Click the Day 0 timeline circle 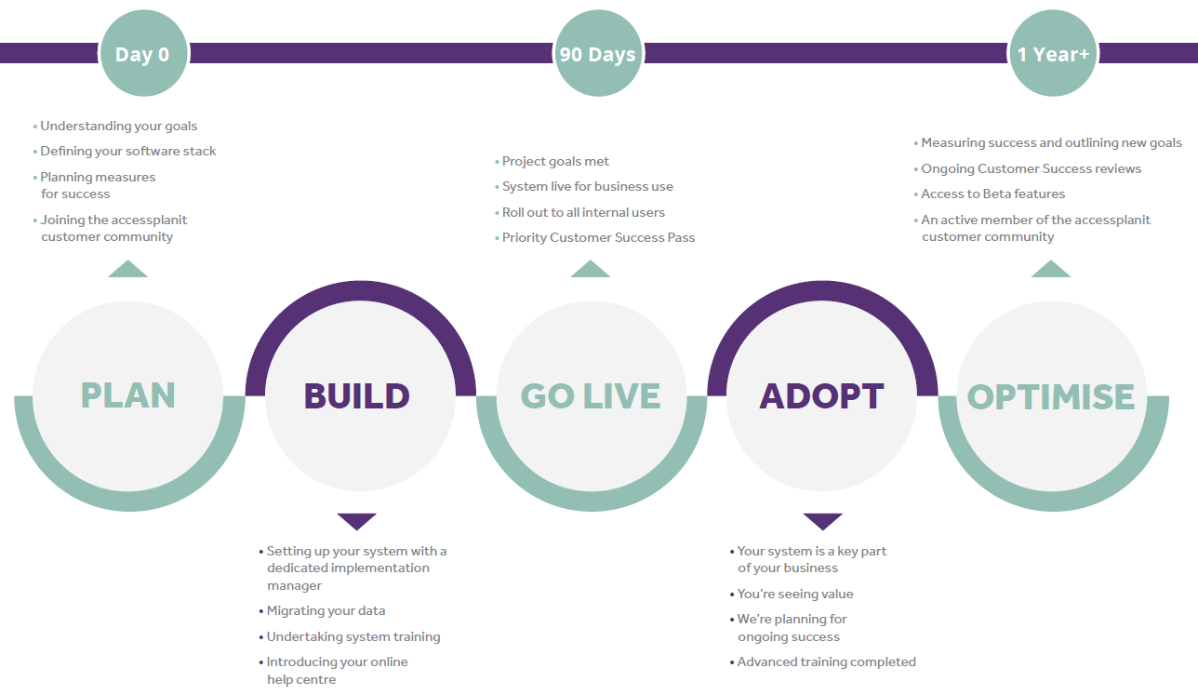143,53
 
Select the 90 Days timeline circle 598,53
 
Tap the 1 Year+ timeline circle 1053,53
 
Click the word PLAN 127,395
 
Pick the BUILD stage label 357,396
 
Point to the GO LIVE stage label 591,396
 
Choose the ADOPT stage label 821,396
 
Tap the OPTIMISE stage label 1051,396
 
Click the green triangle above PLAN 127,269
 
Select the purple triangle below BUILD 357,522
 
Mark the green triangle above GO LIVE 591,269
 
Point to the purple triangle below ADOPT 823,522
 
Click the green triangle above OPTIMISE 1051,269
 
